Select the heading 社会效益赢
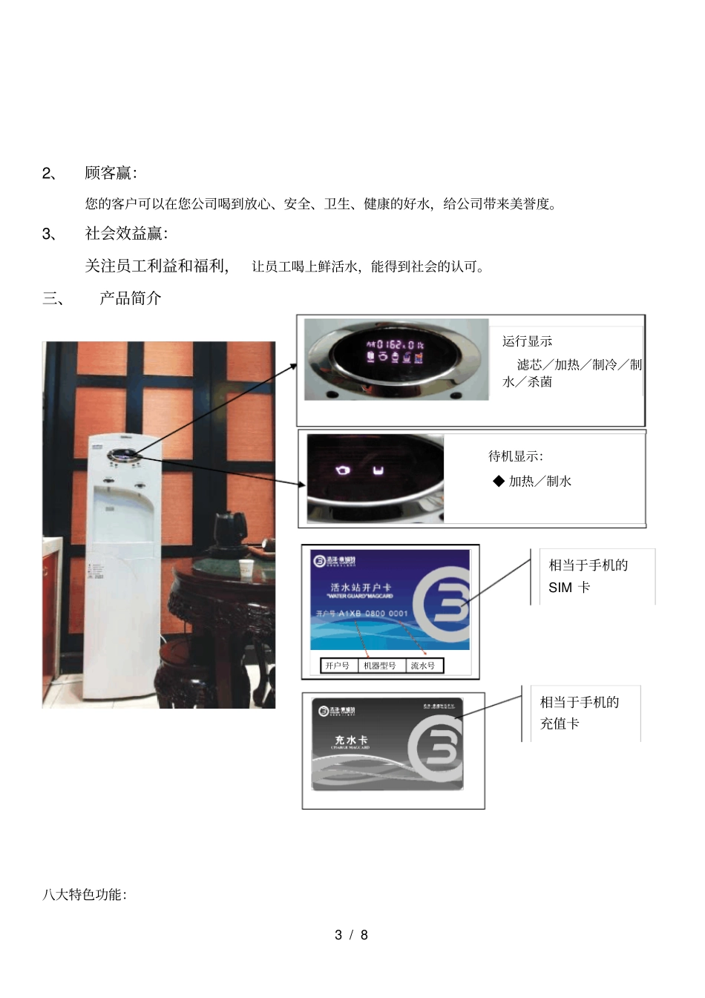pos(125,234)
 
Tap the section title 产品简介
pos(130,298)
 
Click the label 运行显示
pos(527,341)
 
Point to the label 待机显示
pos(515,456)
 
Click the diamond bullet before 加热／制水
pos(499,481)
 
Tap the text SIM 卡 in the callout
pos(569,588)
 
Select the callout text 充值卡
pos(560,723)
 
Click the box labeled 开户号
pos(338,666)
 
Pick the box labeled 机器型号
pos(380,666)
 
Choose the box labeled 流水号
pos(423,666)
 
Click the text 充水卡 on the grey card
pos(351,741)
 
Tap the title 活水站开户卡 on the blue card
pos(361,587)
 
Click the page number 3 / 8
pos(352,935)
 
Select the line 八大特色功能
pos(84,895)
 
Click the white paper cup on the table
pos(246,568)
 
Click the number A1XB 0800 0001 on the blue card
pos(373,614)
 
